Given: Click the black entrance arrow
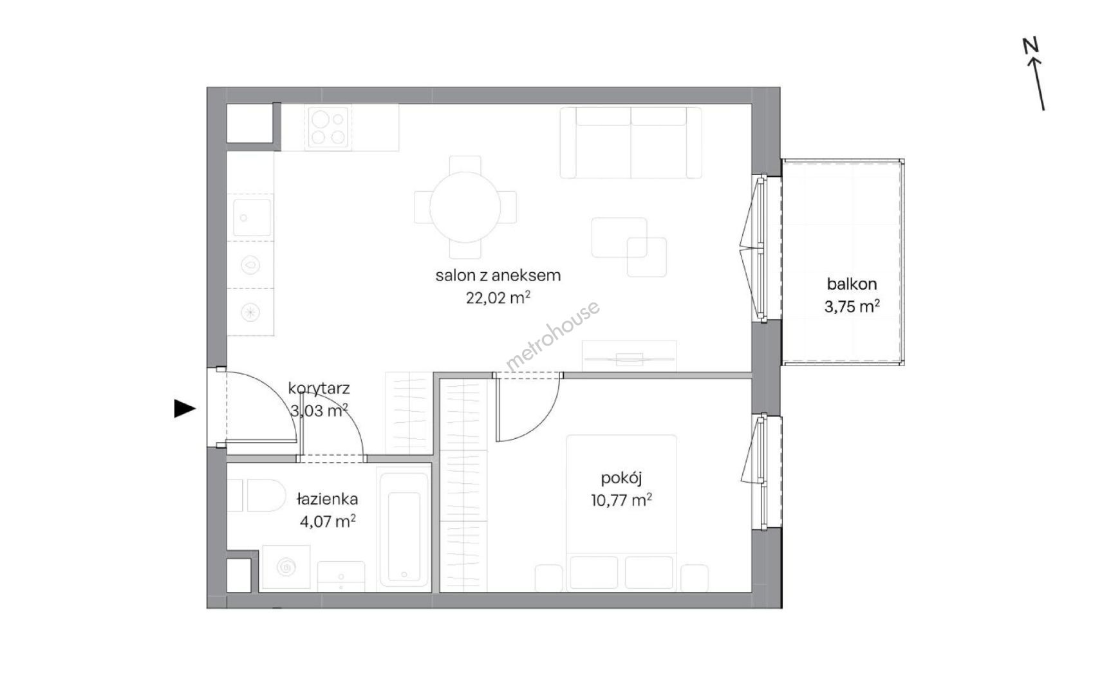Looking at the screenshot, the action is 185,409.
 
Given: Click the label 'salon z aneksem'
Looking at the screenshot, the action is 498,275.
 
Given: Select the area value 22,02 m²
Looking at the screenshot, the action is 498,298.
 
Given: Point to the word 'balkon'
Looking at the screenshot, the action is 852,284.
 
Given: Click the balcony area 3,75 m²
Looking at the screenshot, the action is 852,306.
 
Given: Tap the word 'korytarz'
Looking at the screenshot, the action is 319,389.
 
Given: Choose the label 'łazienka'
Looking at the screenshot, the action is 327,499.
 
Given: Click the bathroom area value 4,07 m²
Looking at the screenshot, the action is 328,521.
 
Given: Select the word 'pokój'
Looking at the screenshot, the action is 621,478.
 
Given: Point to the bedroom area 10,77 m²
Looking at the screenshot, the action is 621,500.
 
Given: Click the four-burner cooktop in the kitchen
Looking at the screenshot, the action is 329,127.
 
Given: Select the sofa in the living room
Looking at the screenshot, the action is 631,142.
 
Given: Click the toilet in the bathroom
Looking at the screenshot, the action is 257,495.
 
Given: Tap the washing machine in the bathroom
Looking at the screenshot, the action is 286,568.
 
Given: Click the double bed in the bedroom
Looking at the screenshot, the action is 622,512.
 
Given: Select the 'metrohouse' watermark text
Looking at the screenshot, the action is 553,336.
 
